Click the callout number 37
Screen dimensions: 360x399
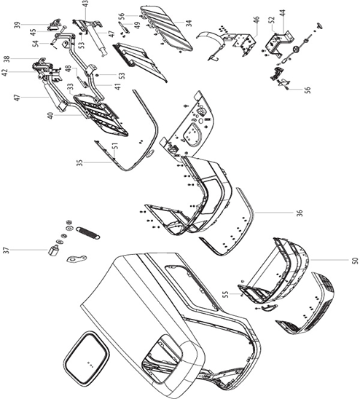(x=7, y=250)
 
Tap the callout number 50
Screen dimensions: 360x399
(x=356, y=261)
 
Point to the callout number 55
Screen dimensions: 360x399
(x=225, y=294)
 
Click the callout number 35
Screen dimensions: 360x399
(x=79, y=162)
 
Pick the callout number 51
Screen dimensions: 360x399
(x=115, y=146)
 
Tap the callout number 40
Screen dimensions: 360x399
(x=51, y=116)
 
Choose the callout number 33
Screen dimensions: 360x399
(x=70, y=87)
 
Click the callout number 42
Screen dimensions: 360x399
(x=5, y=73)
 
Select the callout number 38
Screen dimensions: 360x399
(x=7, y=59)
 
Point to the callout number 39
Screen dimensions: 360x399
(x=17, y=25)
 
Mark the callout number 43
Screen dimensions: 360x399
(x=85, y=4)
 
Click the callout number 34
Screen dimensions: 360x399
(x=189, y=23)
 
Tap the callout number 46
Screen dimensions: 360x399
(x=256, y=20)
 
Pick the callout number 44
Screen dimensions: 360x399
(x=283, y=13)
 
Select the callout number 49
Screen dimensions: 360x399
(x=137, y=25)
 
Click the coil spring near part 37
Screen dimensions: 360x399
(x=88, y=233)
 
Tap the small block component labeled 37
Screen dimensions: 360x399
(x=53, y=250)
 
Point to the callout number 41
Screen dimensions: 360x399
(x=117, y=87)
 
